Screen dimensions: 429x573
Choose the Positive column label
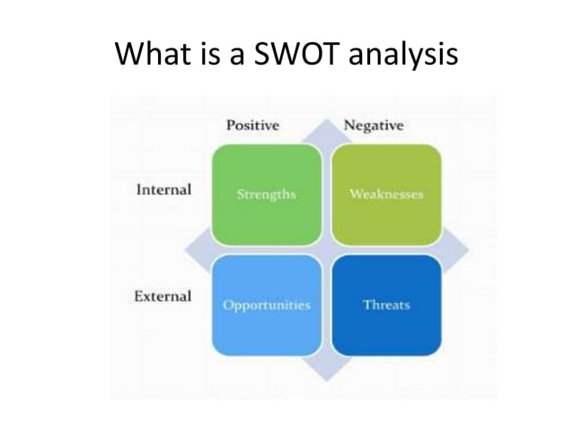[251, 126]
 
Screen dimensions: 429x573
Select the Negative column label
[374, 126]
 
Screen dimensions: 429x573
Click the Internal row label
[163, 190]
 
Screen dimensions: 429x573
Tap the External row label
[163, 296]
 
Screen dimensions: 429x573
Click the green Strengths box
[266, 195]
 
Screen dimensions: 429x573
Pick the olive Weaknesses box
[386, 195]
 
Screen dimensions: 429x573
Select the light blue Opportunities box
[266, 305]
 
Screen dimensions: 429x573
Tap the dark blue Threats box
[386, 305]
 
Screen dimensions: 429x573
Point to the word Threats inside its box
[386, 305]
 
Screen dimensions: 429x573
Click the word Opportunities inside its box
[266, 305]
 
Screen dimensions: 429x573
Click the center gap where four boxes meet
[326, 250]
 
